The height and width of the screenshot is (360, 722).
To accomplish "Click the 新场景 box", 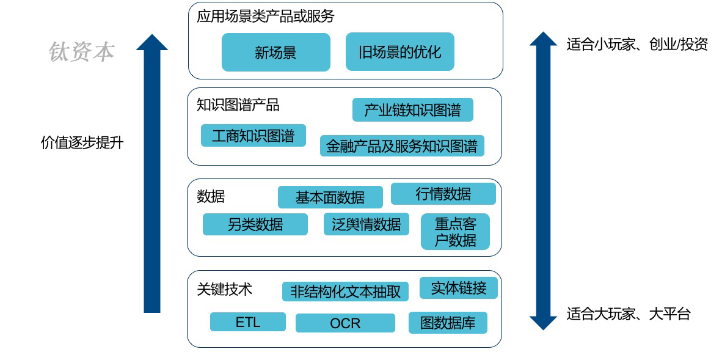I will click(x=275, y=52).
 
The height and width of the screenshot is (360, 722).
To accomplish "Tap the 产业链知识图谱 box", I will click(x=412, y=110).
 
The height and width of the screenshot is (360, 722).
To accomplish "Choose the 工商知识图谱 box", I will click(x=253, y=135).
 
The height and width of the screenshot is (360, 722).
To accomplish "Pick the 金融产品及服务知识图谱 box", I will click(x=402, y=146).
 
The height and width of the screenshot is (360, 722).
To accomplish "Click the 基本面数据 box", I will click(x=330, y=197).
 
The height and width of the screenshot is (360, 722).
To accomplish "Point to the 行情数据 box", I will click(x=443, y=194).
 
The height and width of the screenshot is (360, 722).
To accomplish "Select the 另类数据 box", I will click(x=255, y=224).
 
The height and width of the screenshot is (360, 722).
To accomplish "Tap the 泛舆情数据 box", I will click(x=366, y=224).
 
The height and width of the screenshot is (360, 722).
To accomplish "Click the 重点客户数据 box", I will click(x=455, y=232).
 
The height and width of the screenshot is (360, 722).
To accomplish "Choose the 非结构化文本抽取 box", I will click(x=345, y=291).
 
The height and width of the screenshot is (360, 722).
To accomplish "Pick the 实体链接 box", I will click(x=458, y=288).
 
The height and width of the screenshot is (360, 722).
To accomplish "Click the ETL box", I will click(x=247, y=321).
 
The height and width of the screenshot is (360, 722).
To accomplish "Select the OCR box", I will click(x=345, y=323).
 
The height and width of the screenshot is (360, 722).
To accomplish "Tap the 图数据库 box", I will click(x=448, y=323).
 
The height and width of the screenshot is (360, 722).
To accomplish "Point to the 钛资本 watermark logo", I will click(x=81, y=52).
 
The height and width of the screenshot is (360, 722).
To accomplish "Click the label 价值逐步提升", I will click(x=82, y=143).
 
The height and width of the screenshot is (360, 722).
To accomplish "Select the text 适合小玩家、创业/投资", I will click(x=636, y=45).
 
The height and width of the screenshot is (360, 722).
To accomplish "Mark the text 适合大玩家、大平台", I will click(x=628, y=314).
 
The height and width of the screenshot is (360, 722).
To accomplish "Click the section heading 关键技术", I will click(x=224, y=288).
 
